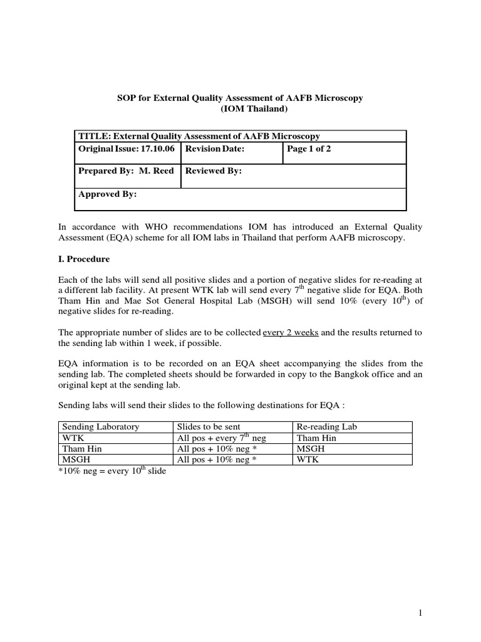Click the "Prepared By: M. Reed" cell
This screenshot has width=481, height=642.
(126, 171)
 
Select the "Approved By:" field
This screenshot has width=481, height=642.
(108, 194)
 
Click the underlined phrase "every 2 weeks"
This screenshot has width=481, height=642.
(291, 333)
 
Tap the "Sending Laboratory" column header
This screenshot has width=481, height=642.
(100, 427)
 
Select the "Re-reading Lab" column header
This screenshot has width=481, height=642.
(326, 427)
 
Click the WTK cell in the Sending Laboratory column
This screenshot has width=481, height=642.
(73, 438)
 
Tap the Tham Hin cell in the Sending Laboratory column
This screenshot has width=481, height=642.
(81, 449)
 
